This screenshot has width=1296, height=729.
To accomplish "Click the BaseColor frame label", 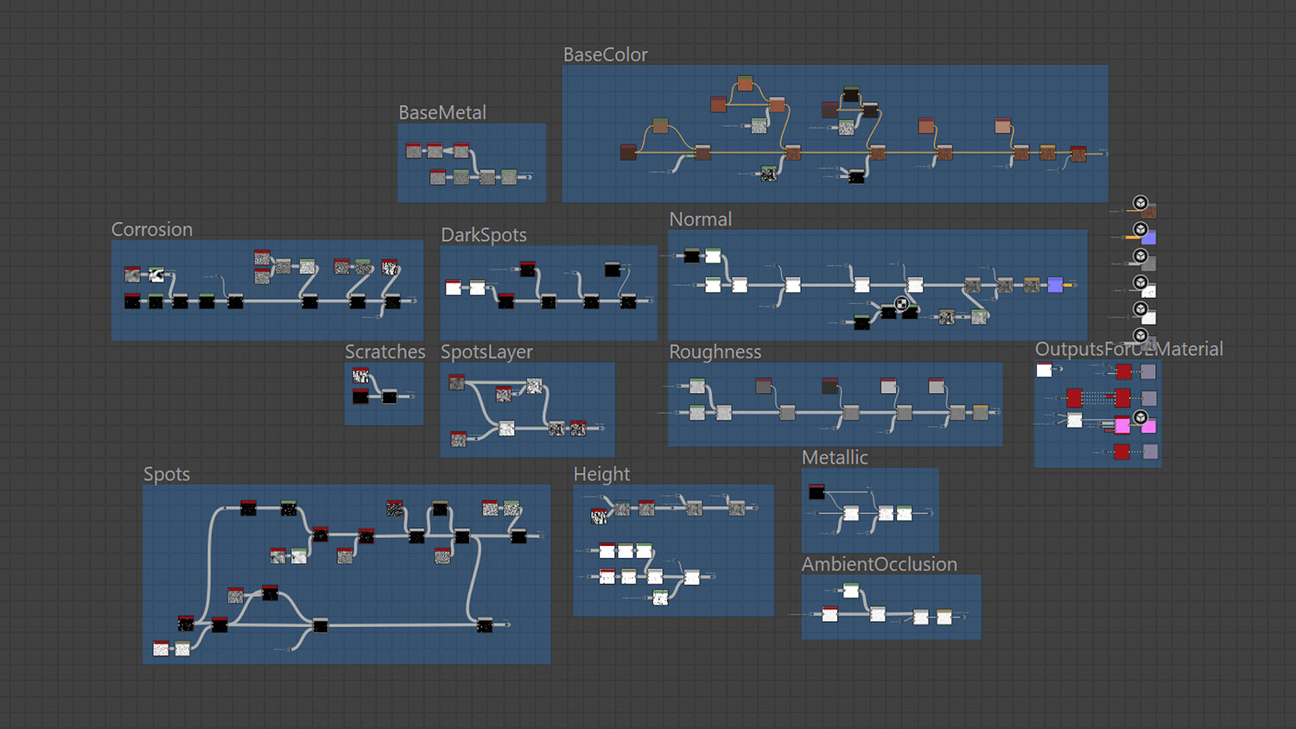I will (605, 54).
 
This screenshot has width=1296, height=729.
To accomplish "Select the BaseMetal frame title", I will (442, 112).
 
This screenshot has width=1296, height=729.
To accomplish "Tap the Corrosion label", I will (151, 229).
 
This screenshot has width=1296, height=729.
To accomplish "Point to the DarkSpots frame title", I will (483, 235).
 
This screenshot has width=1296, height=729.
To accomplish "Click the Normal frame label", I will (700, 219).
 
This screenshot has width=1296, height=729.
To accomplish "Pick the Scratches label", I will (384, 352).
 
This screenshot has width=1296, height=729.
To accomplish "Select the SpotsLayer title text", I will (486, 352).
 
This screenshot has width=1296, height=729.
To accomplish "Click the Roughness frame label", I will (715, 352).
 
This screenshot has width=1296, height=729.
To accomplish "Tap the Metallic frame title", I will (834, 458).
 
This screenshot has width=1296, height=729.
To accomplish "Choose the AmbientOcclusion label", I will (879, 564).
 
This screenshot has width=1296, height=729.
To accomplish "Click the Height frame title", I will (601, 474).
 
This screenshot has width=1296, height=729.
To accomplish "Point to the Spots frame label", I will (166, 474).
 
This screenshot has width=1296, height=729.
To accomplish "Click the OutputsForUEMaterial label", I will (1128, 349).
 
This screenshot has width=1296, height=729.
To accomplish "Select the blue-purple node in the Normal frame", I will (1055, 285).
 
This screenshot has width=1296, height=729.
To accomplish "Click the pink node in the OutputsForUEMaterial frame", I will (1122, 425).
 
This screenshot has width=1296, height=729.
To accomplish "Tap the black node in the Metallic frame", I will (816, 492).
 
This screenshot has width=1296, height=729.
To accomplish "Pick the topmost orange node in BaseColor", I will (745, 84).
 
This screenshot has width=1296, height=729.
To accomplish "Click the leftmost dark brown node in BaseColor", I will (628, 153).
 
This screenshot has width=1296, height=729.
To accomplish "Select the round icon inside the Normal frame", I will (901, 303).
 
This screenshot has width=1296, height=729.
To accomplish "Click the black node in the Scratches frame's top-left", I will (360, 396).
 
